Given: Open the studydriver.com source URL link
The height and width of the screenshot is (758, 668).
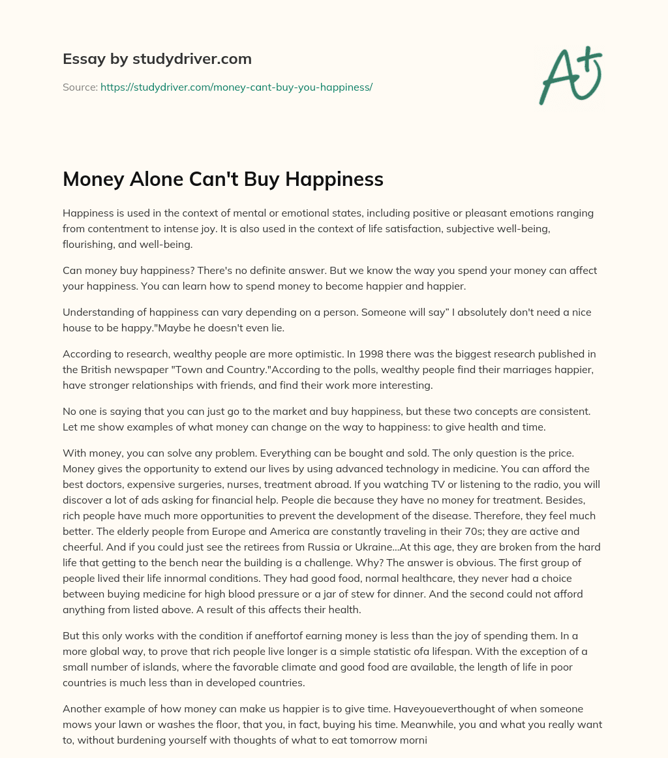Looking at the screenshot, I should (x=236, y=86).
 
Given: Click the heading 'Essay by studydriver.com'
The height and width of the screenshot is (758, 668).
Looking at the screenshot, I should (x=157, y=59).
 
